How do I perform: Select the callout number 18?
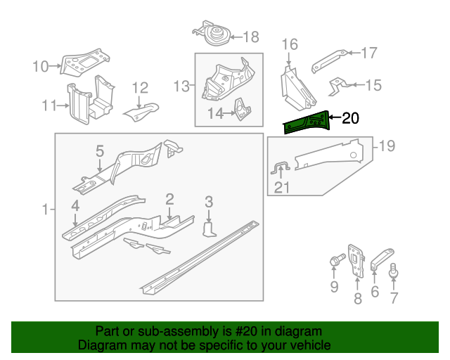(x=251, y=37)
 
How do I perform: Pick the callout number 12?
(x=140, y=88)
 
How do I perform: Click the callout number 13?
(x=182, y=86)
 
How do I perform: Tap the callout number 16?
(x=290, y=46)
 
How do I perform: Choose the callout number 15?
(x=373, y=85)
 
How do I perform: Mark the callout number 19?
(x=387, y=146)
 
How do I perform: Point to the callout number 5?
(x=100, y=151)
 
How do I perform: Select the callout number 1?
(x=46, y=210)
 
